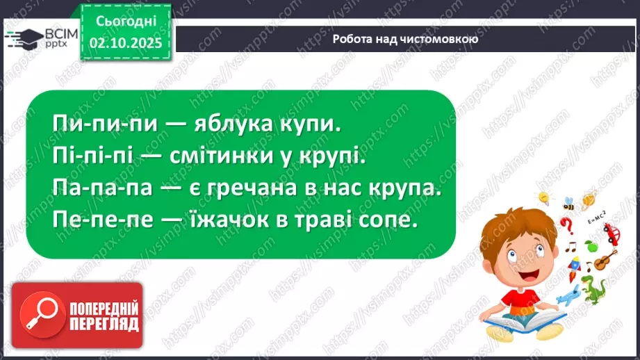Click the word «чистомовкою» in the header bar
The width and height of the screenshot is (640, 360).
pos(436,39)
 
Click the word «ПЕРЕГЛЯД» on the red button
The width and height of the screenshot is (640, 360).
pos(104,324)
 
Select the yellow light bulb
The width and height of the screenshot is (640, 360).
pos(545,198)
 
